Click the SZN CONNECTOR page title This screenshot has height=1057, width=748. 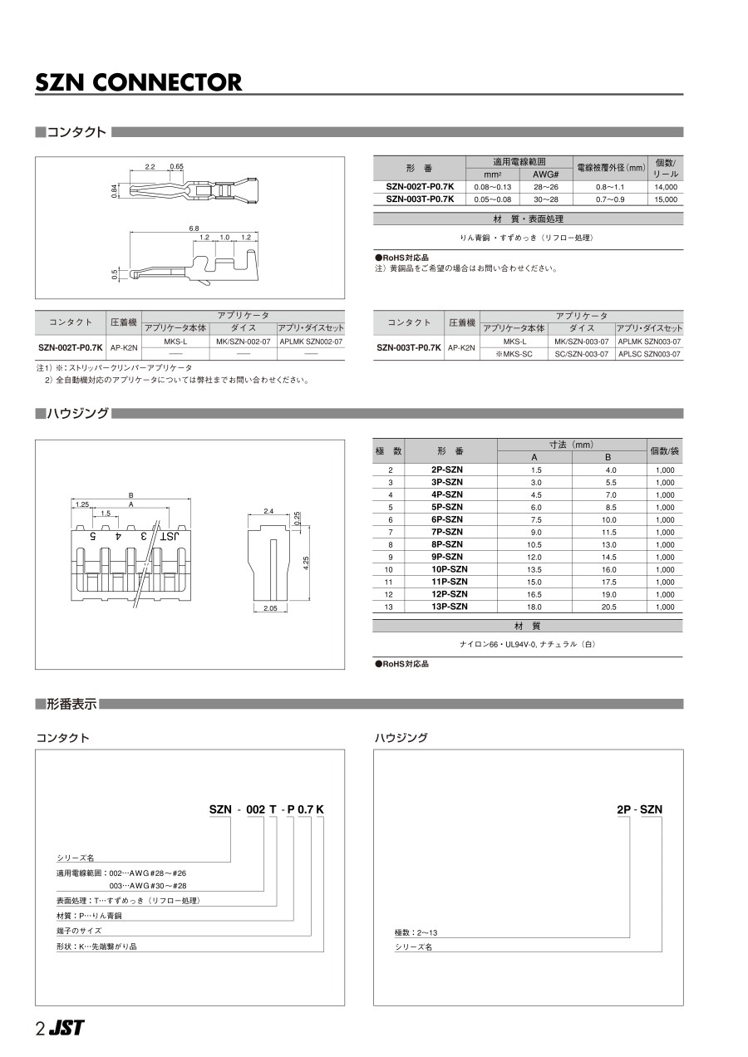click(139, 82)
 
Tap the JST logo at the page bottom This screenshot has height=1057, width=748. click(66, 1028)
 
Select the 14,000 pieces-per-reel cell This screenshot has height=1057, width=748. click(666, 188)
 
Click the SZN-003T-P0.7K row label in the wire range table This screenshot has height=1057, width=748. click(420, 199)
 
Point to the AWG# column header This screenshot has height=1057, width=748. click(544, 175)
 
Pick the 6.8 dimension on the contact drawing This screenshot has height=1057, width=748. click(194, 228)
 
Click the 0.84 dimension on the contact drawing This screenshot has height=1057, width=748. click(115, 191)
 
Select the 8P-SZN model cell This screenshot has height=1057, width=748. click(447, 544)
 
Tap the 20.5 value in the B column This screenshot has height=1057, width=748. click(610, 607)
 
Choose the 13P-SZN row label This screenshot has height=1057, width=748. click(447, 607)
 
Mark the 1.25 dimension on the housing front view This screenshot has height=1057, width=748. click(82, 504)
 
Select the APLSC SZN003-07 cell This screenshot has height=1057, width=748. click(650, 354)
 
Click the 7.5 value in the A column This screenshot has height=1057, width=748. click(536, 519)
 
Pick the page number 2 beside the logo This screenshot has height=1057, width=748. click(40, 1029)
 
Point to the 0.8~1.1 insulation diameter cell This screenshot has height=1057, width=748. click(610, 188)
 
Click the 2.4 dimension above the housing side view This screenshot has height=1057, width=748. click(268, 510)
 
